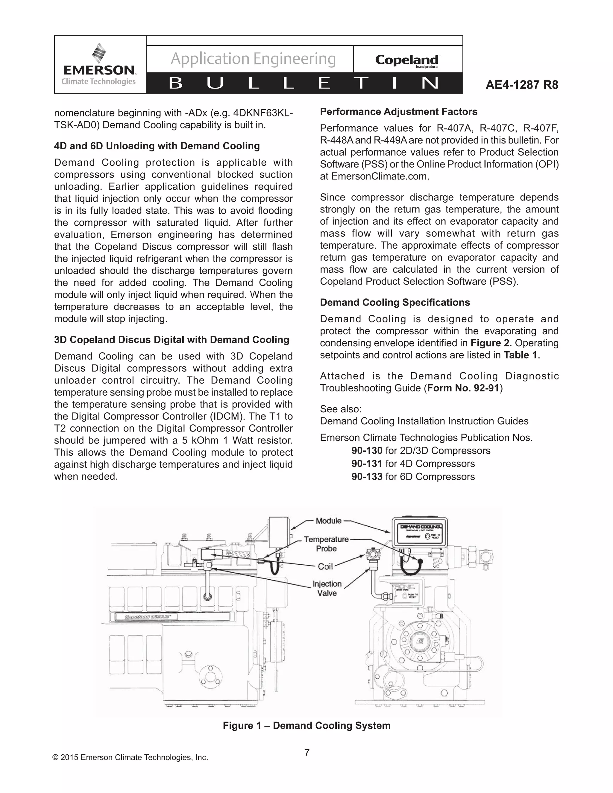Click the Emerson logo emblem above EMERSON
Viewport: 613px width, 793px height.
[x=99, y=53]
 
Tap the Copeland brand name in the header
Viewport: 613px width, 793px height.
[x=407, y=60]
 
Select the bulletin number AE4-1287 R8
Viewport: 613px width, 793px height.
[x=522, y=85]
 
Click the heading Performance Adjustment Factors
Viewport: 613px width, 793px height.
[x=398, y=112]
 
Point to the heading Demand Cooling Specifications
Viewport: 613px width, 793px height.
[x=395, y=303]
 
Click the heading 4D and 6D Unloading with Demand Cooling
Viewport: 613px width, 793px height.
[x=157, y=146]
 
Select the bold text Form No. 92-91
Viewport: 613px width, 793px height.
[x=463, y=388]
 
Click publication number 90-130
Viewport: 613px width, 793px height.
[x=367, y=451]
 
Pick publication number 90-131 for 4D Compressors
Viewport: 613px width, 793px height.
[x=367, y=464]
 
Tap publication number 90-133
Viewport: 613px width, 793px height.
[x=367, y=477]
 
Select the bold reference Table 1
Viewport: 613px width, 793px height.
[x=520, y=355]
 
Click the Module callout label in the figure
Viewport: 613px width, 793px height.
[x=328, y=521]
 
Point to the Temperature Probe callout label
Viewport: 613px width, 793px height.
[x=326, y=544]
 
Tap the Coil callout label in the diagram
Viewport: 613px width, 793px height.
[x=325, y=566]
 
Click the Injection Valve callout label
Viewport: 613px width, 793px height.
[x=327, y=588]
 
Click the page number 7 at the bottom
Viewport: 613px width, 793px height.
[x=307, y=753]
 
